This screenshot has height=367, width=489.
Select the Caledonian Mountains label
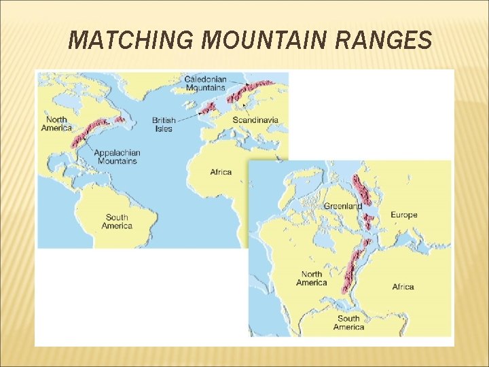point(205,84)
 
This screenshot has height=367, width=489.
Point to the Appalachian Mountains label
point(117,157)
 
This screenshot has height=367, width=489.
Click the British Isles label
point(164,124)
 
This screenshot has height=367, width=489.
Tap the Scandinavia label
point(255,120)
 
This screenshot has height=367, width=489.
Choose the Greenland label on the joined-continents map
point(342,206)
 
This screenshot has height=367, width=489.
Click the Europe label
point(404,215)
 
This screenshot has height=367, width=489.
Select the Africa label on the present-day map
point(221,173)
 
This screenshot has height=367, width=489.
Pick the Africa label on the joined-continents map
point(403,287)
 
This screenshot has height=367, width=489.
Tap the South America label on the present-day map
point(117,222)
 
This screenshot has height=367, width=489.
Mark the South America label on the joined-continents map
point(348,322)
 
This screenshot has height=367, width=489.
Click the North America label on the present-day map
point(56,124)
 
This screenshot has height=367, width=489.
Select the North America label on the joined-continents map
point(312,279)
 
